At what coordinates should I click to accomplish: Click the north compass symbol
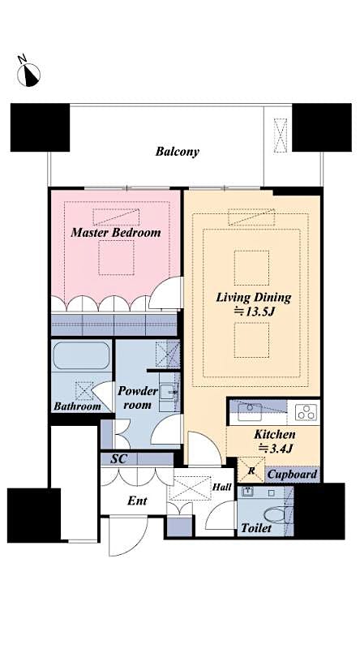[29, 73]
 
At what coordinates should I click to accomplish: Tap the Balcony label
[178, 151]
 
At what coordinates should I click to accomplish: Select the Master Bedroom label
[115, 232]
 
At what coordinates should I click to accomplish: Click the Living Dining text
[253, 297]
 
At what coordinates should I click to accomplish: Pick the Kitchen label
[274, 434]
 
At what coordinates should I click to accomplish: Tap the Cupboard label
[292, 474]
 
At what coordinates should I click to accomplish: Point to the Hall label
[221, 487]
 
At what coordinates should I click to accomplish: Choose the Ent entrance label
[137, 501]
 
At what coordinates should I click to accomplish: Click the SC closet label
[118, 458]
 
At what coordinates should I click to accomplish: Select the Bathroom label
[78, 406]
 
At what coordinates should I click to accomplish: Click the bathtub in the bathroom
[81, 357]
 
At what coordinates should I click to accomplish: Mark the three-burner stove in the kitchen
[306, 412]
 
